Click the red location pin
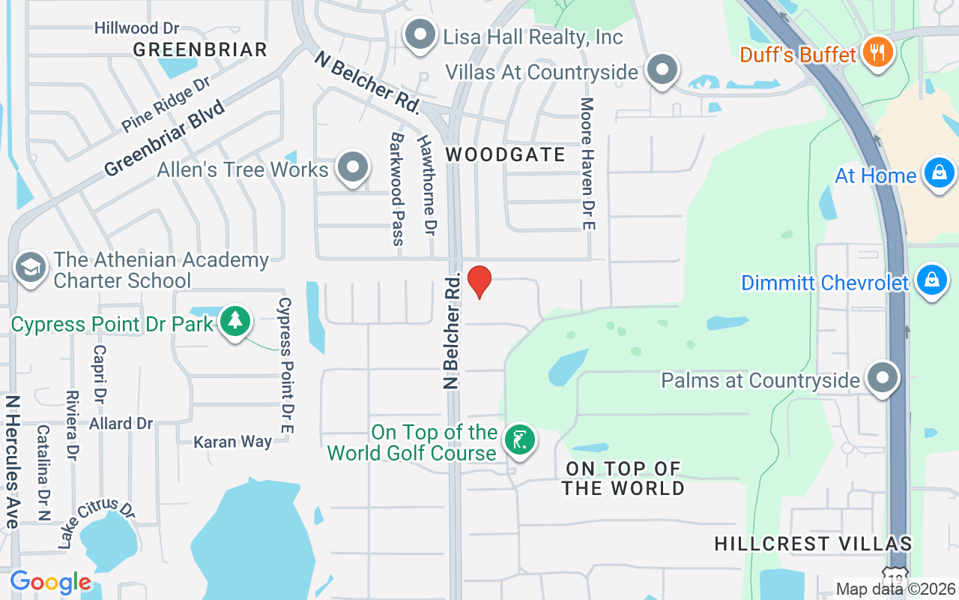point(479,281)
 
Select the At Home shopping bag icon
point(938,173)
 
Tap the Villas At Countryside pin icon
point(662,70)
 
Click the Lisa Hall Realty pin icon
point(420,34)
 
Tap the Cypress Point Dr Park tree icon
point(236,322)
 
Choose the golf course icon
point(518,439)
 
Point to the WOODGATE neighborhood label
point(506,154)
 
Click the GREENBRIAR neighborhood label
point(200,49)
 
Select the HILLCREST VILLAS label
point(813,543)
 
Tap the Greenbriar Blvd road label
point(165,139)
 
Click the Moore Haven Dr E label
point(587,163)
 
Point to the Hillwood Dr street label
point(136,28)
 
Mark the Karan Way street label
point(232,441)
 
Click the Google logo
point(50,582)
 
